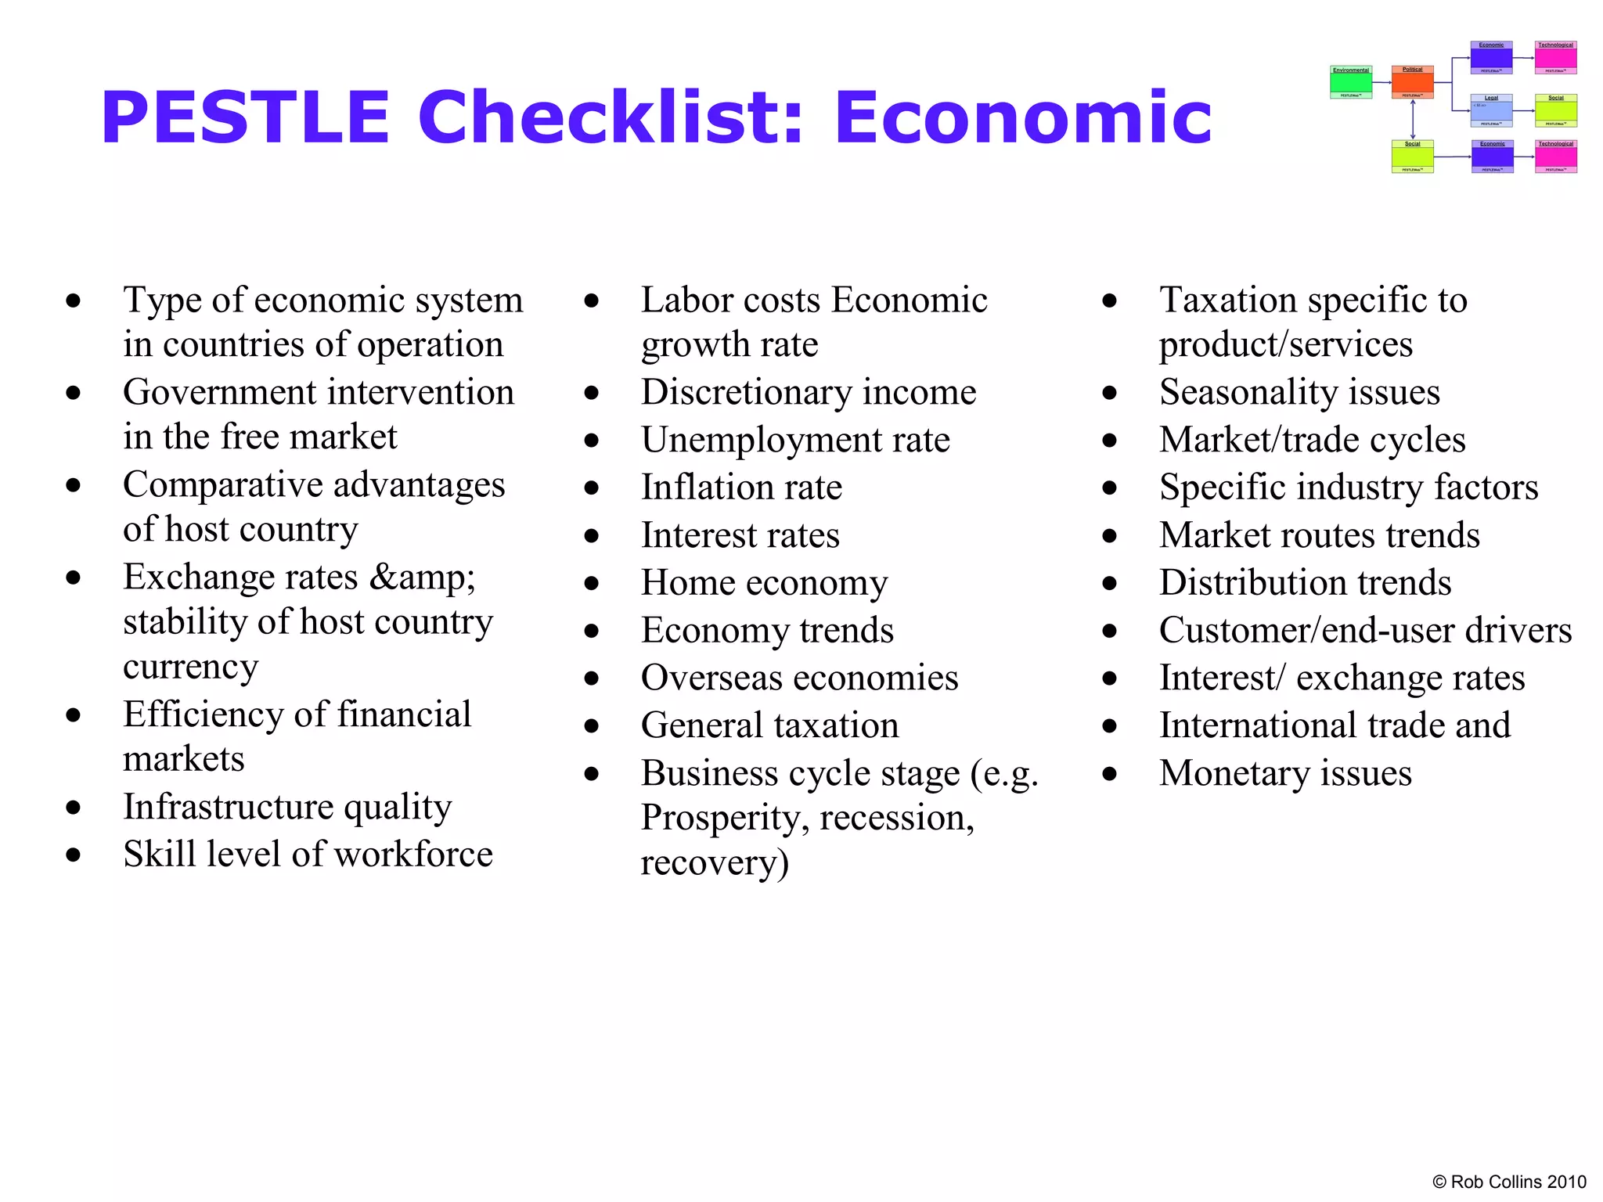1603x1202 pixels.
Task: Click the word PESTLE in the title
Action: (245, 118)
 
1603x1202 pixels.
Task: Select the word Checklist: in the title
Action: (611, 118)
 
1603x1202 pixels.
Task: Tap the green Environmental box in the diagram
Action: (1351, 82)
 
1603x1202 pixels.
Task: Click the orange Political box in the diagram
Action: (1412, 82)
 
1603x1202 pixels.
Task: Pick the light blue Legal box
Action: (1491, 110)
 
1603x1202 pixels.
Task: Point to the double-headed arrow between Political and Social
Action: (1413, 119)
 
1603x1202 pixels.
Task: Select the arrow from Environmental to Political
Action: (1382, 82)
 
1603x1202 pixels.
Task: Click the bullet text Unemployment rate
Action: (795, 440)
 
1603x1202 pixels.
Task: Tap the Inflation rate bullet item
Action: (741, 488)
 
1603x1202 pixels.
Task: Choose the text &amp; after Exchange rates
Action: (422, 578)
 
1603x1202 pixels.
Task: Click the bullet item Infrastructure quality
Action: (287, 807)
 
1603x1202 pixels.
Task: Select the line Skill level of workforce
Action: (308, 854)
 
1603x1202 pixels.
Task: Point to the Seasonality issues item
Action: (1299, 392)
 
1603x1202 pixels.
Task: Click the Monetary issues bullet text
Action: (1285, 773)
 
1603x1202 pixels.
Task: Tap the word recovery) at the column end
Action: (715, 862)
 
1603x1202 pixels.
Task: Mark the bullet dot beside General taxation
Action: (592, 726)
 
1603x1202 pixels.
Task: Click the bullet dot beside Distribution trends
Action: (1109, 583)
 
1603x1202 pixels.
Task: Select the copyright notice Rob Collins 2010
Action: (1508, 1182)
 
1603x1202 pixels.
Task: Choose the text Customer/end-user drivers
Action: (1365, 631)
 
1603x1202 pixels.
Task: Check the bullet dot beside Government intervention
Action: (74, 393)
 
